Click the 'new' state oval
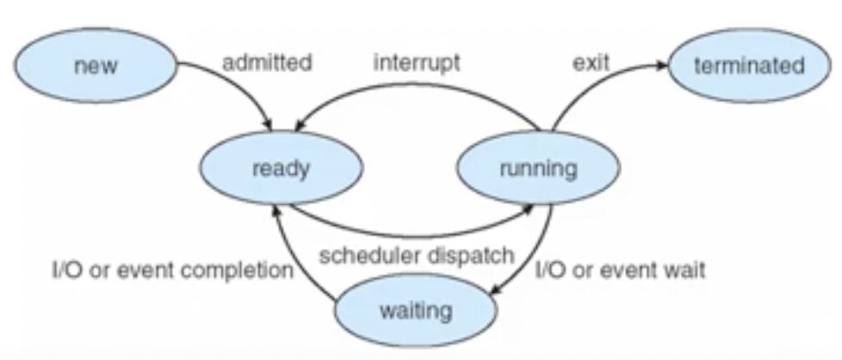pyautogui.click(x=95, y=65)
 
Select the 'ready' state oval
pyautogui.click(x=282, y=168)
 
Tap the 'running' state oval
pyautogui.click(x=539, y=168)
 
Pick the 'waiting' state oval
pyautogui.click(x=416, y=310)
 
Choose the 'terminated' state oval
pyautogui.click(x=750, y=65)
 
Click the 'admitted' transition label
pyautogui.click(x=267, y=63)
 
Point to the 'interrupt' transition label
pyautogui.click(x=417, y=63)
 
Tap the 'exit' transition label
pyautogui.click(x=591, y=63)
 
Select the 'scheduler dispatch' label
pyautogui.click(x=417, y=256)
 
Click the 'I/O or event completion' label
pyautogui.click(x=173, y=270)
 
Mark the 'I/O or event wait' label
pyautogui.click(x=621, y=270)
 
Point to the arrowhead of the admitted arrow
pyautogui.click(x=267, y=124)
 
